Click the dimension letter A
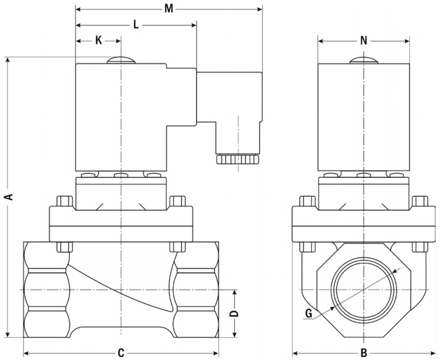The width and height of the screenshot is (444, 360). (x=9, y=196)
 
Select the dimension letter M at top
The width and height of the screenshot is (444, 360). (x=169, y=9)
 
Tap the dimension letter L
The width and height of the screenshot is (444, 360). (x=136, y=25)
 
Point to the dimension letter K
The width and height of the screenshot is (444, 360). (x=98, y=41)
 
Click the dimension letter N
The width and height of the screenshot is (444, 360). (x=364, y=41)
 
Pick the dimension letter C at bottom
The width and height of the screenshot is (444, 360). (x=121, y=353)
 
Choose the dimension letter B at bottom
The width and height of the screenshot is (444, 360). (x=364, y=353)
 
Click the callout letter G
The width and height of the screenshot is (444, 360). (x=308, y=314)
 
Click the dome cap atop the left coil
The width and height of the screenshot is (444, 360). (x=121, y=60)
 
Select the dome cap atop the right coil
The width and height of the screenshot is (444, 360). (x=363, y=60)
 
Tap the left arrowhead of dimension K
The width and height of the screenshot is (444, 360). (x=79, y=41)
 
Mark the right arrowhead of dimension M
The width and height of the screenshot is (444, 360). (x=259, y=9)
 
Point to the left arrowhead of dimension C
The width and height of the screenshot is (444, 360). (x=26, y=353)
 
